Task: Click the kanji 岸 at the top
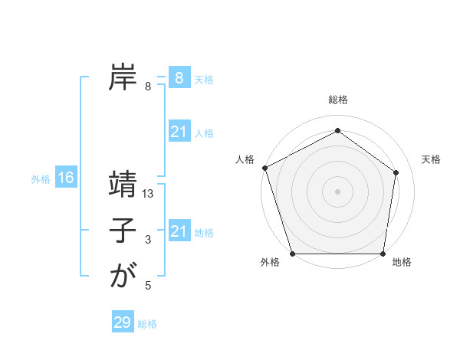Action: pos(123,77)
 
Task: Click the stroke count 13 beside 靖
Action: pos(148,195)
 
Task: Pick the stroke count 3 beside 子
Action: pos(148,241)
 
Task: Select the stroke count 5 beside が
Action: pos(148,286)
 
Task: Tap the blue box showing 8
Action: pos(179,77)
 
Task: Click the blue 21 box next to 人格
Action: pos(179,132)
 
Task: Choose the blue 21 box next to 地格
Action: pos(179,231)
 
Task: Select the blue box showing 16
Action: pos(66,178)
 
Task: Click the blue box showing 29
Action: pos(123,322)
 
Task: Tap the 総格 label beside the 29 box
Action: pos(148,324)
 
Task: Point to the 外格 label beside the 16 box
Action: pos(41,179)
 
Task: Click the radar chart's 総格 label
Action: pos(338,100)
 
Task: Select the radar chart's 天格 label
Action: pos(431,159)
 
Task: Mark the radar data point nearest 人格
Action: pos(264,168)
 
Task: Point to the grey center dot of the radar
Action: pos(338,191)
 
